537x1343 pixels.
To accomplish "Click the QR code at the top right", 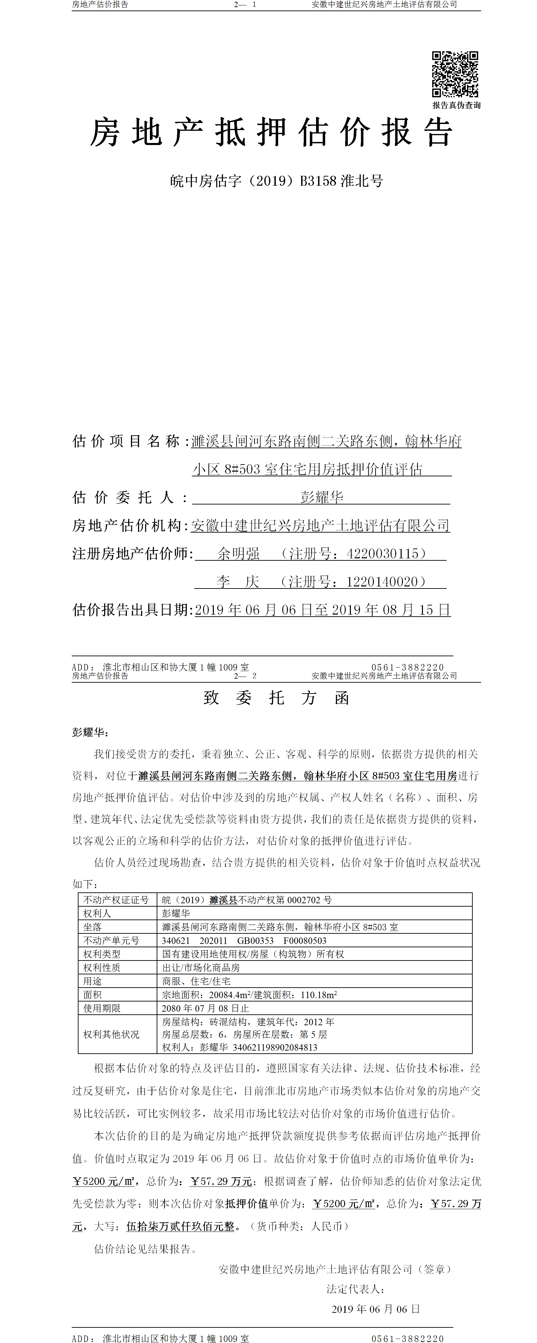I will (x=455, y=74).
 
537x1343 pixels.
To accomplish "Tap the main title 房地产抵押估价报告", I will (x=271, y=132).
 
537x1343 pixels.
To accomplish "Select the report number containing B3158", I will (x=276, y=181).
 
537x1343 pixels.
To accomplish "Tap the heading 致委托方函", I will (x=276, y=698).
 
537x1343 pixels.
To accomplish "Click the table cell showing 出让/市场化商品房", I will (x=201, y=968).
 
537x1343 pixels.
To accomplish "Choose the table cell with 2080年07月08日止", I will (x=205, y=1008).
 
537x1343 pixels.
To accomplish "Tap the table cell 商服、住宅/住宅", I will (x=196, y=981).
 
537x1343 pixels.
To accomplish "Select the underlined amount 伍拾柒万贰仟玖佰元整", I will (x=180, y=1226).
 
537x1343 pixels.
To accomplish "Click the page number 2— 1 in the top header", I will (x=245, y=5).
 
